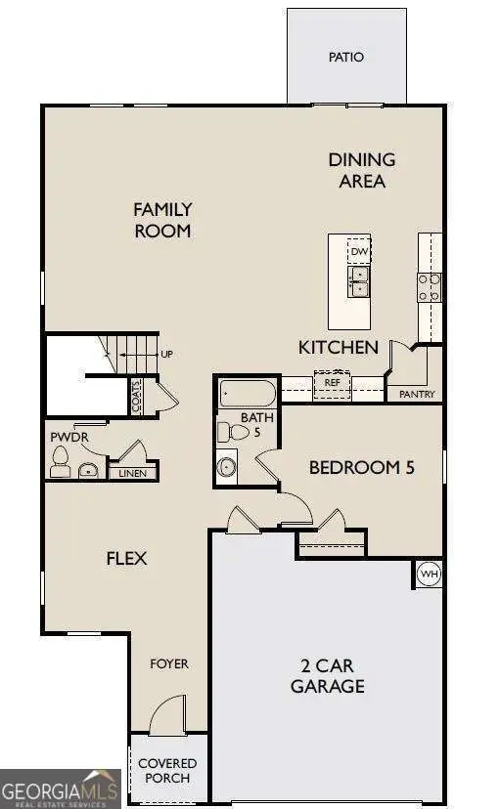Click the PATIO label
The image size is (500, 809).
tap(345, 57)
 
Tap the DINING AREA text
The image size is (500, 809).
tap(361, 170)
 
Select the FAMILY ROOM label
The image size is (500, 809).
tap(162, 220)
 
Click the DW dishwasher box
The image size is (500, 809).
tap(359, 251)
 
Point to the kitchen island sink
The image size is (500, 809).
tap(359, 281)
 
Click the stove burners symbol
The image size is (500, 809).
tap(430, 286)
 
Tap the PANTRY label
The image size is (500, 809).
tap(417, 395)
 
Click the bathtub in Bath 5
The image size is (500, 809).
tap(249, 395)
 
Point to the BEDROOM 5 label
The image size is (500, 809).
tap(361, 468)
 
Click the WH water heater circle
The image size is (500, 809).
tap(429, 574)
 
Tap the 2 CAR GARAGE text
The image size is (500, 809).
tap(327, 676)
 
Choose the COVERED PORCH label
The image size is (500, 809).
tap(166, 771)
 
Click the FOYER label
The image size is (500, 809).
tap(168, 664)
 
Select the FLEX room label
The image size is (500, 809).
tap(126, 559)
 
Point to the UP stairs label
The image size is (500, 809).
tap(166, 354)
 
